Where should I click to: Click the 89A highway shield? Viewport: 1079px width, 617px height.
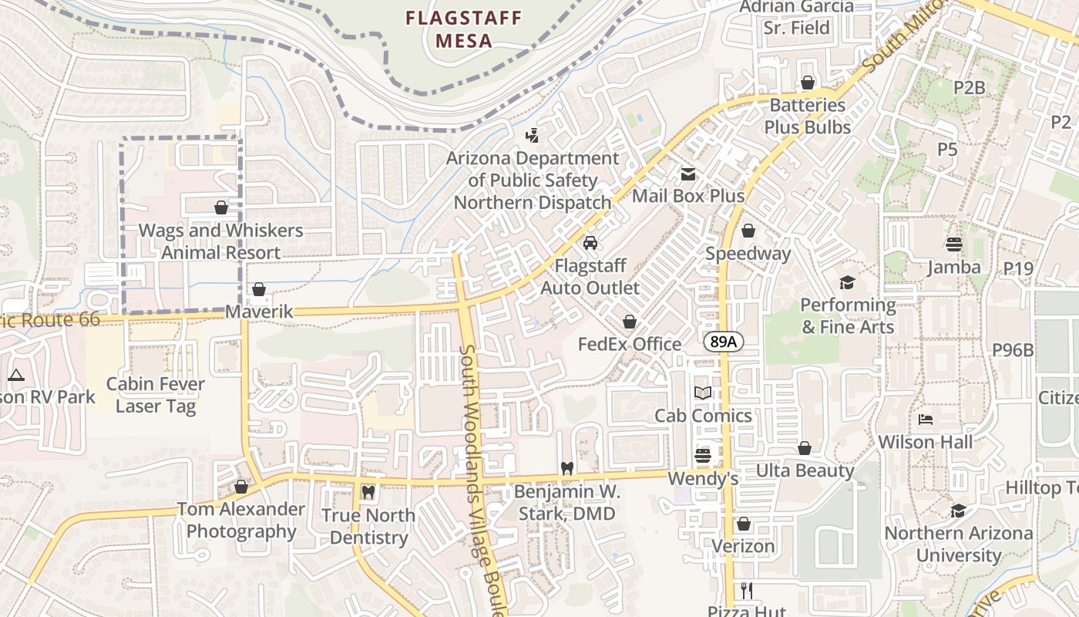point(723,342)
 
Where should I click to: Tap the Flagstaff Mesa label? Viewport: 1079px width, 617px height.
point(464,29)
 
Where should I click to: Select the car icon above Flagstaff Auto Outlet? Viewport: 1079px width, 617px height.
point(590,243)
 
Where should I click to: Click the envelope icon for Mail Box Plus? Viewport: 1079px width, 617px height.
point(687,174)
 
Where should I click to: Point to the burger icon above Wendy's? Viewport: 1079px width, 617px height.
point(702,456)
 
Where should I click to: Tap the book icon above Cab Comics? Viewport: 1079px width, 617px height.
point(702,393)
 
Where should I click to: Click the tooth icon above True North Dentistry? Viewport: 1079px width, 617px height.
point(368,492)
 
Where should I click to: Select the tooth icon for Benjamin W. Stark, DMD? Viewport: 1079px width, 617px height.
point(566,467)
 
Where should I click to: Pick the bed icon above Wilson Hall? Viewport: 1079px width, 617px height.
point(926,420)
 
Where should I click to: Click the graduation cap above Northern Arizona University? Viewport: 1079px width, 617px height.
point(958,511)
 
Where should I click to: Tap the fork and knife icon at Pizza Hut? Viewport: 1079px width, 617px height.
point(746,591)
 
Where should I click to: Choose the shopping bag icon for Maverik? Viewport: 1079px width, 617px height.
point(259,289)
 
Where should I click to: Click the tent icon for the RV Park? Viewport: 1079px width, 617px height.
point(15,376)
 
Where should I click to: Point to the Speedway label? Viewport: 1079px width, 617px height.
point(748,253)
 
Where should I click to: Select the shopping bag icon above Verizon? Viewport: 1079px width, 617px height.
point(744,524)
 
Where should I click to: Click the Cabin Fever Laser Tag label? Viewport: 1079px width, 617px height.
point(156,395)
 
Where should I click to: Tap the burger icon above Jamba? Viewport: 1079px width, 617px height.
point(954,244)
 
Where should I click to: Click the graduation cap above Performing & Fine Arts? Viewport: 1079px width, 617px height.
point(848,282)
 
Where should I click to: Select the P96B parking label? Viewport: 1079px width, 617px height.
point(1012,349)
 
